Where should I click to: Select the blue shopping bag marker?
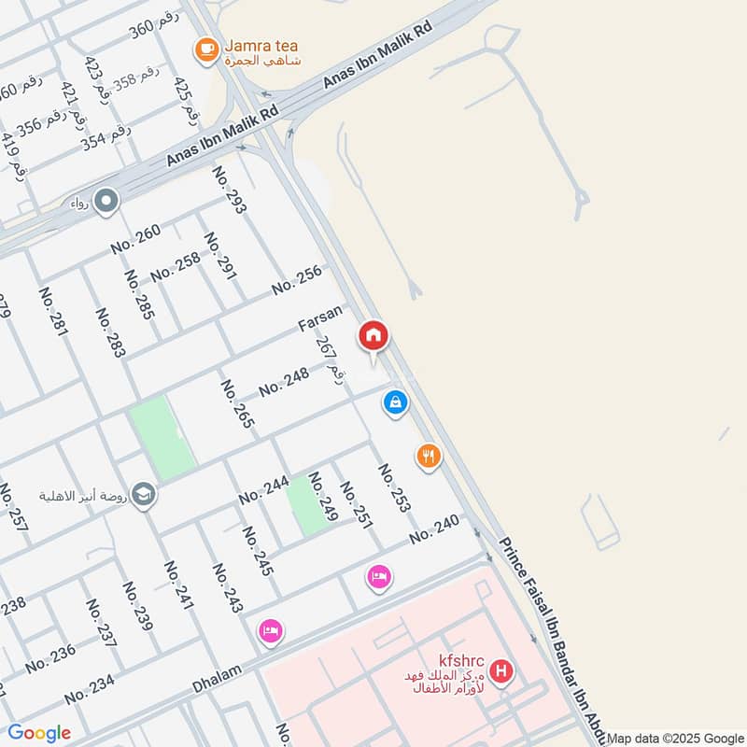tap(396, 403)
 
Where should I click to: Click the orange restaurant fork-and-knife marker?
tap(428, 457)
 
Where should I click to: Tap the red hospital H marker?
tap(501, 671)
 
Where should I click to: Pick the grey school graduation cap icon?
tap(143, 492)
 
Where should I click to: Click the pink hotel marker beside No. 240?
tap(378, 578)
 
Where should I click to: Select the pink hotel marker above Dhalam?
tap(270, 631)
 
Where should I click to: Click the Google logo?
tap(39, 733)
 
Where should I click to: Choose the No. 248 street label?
tap(283, 382)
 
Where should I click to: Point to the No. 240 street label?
tap(435, 529)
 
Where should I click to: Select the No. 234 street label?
tap(90, 690)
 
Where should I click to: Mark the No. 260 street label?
tap(135, 240)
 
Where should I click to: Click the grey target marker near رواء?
tap(106, 201)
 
